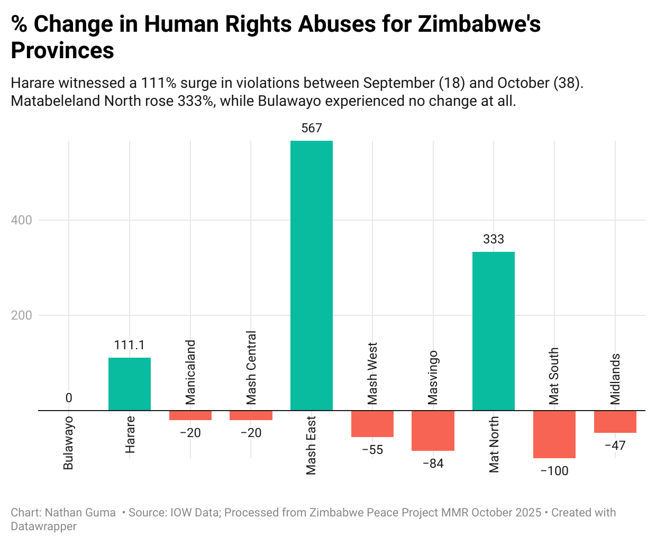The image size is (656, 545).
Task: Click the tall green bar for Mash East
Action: (312, 275)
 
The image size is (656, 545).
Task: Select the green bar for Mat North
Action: (493, 331)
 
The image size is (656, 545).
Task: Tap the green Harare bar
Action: (130, 384)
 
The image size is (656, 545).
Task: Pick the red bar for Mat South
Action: (554, 434)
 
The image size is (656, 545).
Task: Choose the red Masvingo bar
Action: (433, 430)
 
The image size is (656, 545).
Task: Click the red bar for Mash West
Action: (372, 423)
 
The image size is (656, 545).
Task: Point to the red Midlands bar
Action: (615, 421)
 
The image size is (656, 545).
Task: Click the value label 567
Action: (312, 128)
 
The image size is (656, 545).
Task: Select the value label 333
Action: (493, 239)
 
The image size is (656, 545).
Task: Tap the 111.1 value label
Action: (130, 345)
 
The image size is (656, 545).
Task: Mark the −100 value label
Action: (554, 471)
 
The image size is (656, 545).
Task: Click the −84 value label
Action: (433, 464)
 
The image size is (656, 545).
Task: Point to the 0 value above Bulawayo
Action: (69, 398)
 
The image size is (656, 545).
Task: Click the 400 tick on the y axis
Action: (22, 220)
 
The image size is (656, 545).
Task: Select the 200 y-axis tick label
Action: (22, 315)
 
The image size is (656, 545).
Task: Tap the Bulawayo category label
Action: (69, 443)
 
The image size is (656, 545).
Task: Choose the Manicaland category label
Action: (190, 372)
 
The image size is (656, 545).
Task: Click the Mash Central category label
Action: (251, 367)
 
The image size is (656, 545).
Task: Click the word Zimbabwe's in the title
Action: (479, 24)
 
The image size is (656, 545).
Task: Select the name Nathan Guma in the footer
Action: (80, 512)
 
